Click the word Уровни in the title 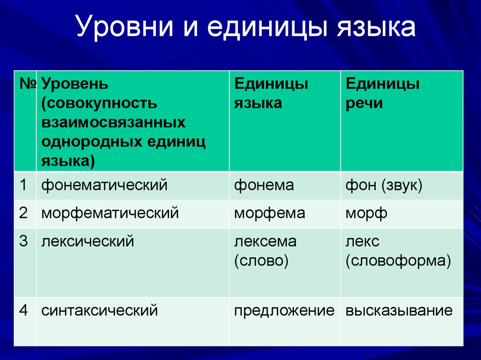pos(124,27)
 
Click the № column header pos(28,84)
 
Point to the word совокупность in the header pos(100,103)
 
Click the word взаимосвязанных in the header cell pos(114,122)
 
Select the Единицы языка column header pos(271,93)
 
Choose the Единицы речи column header pos(382,93)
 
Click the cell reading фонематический pos(104,185)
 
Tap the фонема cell pos(264,185)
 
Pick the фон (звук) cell pos(384,185)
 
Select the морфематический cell pos(110,213)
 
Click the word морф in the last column pos(366,213)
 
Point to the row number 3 pos(23,241)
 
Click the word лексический pos(88,241)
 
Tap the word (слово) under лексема pos(261,261)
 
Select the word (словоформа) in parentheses pos(398,261)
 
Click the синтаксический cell pos(100,311)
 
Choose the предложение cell pos(284,311)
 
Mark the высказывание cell pos(399,311)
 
